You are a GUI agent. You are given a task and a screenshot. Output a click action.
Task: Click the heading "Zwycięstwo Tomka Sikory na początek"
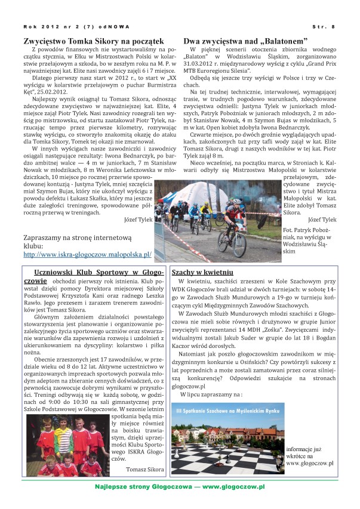(90, 40)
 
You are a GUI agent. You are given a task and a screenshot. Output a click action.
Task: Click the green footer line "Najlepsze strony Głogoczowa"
(180, 487)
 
